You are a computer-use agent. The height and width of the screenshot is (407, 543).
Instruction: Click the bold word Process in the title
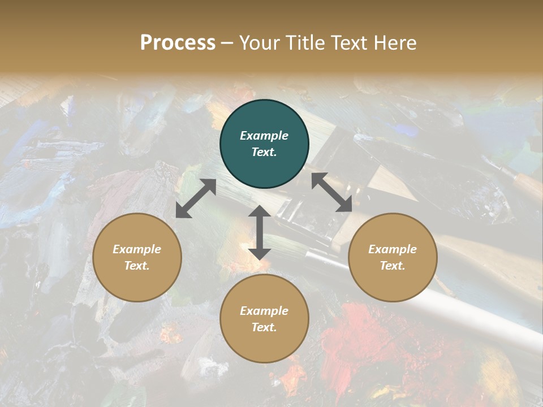click(x=178, y=43)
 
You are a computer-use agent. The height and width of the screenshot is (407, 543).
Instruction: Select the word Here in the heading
click(x=395, y=43)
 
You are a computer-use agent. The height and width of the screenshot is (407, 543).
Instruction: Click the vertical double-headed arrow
click(x=260, y=232)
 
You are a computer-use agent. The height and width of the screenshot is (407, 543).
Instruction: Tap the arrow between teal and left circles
click(x=196, y=198)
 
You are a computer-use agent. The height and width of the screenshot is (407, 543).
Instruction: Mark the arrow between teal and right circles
click(x=331, y=192)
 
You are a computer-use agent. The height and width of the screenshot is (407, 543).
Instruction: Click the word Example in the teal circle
click(x=264, y=136)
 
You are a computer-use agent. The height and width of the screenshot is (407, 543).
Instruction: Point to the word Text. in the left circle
click(x=137, y=266)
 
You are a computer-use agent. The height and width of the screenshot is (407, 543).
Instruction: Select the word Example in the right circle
click(x=393, y=249)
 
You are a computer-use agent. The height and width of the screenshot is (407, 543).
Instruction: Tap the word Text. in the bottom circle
click(x=264, y=327)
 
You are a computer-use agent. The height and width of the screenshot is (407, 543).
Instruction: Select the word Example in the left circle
click(x=137, y=249)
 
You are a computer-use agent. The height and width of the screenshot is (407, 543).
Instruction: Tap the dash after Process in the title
click(x=227, y=44)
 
